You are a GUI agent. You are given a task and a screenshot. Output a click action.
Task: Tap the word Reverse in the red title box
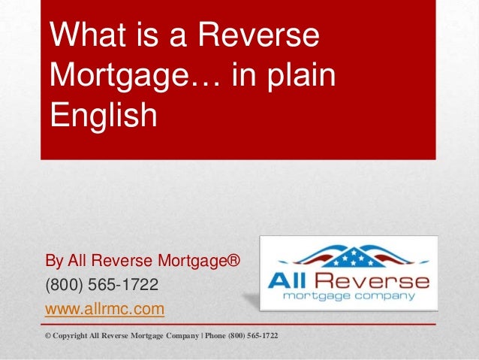point(255,35)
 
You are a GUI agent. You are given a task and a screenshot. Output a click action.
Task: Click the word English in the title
point(104,116)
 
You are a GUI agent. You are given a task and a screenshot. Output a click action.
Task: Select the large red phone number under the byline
point(102,286)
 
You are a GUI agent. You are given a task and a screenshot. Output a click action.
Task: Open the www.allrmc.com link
point(105,309)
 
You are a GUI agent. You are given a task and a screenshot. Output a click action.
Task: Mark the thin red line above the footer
point(239,323)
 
